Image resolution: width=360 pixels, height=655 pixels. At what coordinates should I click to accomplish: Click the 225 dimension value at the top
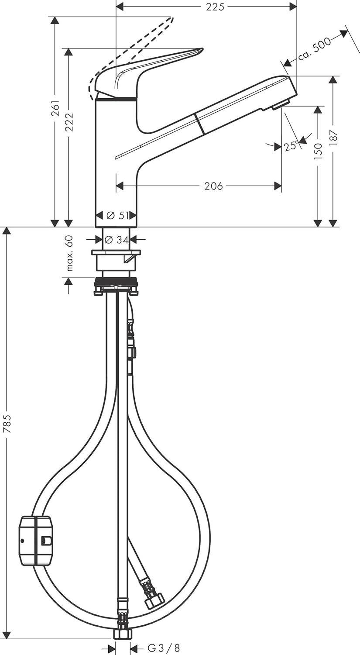(215, 7)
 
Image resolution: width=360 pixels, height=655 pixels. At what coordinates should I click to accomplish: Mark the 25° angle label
(291, 145)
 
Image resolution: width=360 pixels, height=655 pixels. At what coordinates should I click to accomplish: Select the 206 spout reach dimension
(213, 186)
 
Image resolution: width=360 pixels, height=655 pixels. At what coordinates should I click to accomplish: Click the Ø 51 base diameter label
(116, 215)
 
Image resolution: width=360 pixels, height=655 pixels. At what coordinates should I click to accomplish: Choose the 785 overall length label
(7, 424)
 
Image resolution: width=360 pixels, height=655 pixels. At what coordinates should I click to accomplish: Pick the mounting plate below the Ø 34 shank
(116, 252)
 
